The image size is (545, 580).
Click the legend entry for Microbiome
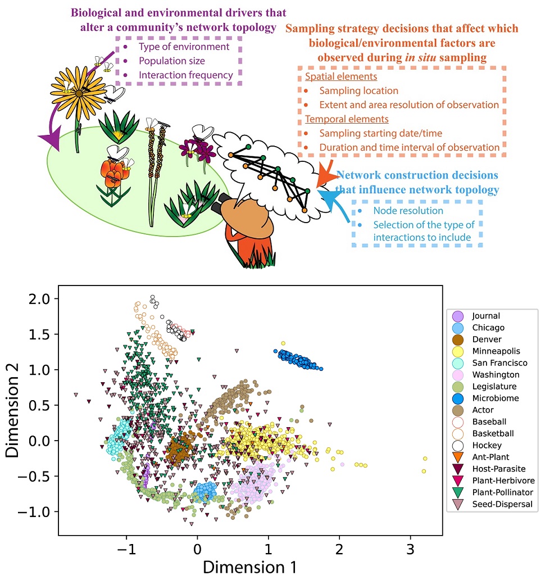click(488, 398)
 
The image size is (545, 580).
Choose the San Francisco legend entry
click(492, 362)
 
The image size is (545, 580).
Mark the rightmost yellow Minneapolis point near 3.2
click(425, 459)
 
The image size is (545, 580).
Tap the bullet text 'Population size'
click(172, 61)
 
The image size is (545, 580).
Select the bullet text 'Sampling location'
click(358, 90)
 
